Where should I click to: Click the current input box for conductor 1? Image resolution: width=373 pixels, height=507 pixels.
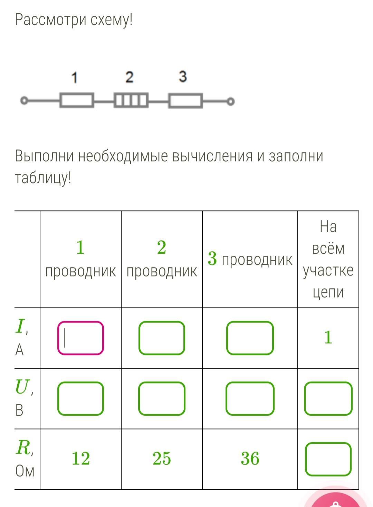[x=81, y=338]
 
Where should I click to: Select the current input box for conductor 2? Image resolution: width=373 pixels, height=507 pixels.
[x=162, y=338]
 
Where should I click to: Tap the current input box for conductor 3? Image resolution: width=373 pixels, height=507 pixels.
[x=250, y=338]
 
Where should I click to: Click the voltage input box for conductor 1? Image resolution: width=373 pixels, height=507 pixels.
[x=81, y=399]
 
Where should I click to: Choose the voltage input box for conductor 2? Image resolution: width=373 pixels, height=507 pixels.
[x=162, y=399]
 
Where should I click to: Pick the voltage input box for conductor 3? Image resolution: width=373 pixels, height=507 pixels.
[x=250, y=399]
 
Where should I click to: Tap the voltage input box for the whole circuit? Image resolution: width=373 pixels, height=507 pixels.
[x=328, y=399]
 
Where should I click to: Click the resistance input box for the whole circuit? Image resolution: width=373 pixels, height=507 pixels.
[x=328, y=459]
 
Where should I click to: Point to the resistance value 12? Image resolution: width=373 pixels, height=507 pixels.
[x=81, y=459]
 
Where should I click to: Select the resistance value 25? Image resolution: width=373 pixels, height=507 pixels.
[x=162, y=459]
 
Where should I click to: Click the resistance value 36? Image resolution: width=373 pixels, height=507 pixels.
[x=250, y=459]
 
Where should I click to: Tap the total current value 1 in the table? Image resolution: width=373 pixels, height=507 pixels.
[x=328, y=337]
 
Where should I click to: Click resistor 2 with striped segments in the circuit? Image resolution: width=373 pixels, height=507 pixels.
[x=131, y=100]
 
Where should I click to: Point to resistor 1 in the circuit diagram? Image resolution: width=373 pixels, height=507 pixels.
[x=77, y=100]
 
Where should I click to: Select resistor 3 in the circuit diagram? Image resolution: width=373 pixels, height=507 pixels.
[x=185, y=100]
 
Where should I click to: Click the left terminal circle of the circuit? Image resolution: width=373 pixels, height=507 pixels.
[x=24, y=100]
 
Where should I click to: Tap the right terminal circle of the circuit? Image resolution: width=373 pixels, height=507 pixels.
[x=231, y=101]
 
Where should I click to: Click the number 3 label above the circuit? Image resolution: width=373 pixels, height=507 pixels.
[x=183, y=77]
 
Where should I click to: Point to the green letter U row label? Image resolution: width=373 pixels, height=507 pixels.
[x=22, y=386]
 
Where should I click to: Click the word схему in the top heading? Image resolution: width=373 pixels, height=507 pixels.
[x=112, y=20]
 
